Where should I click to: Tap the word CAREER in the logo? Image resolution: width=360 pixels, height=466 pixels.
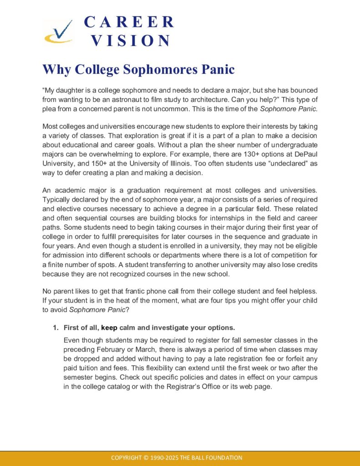(129, 22)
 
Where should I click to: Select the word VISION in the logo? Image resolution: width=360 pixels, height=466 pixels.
(130, 41)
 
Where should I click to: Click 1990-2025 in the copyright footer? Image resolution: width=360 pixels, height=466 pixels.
(165, 457)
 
